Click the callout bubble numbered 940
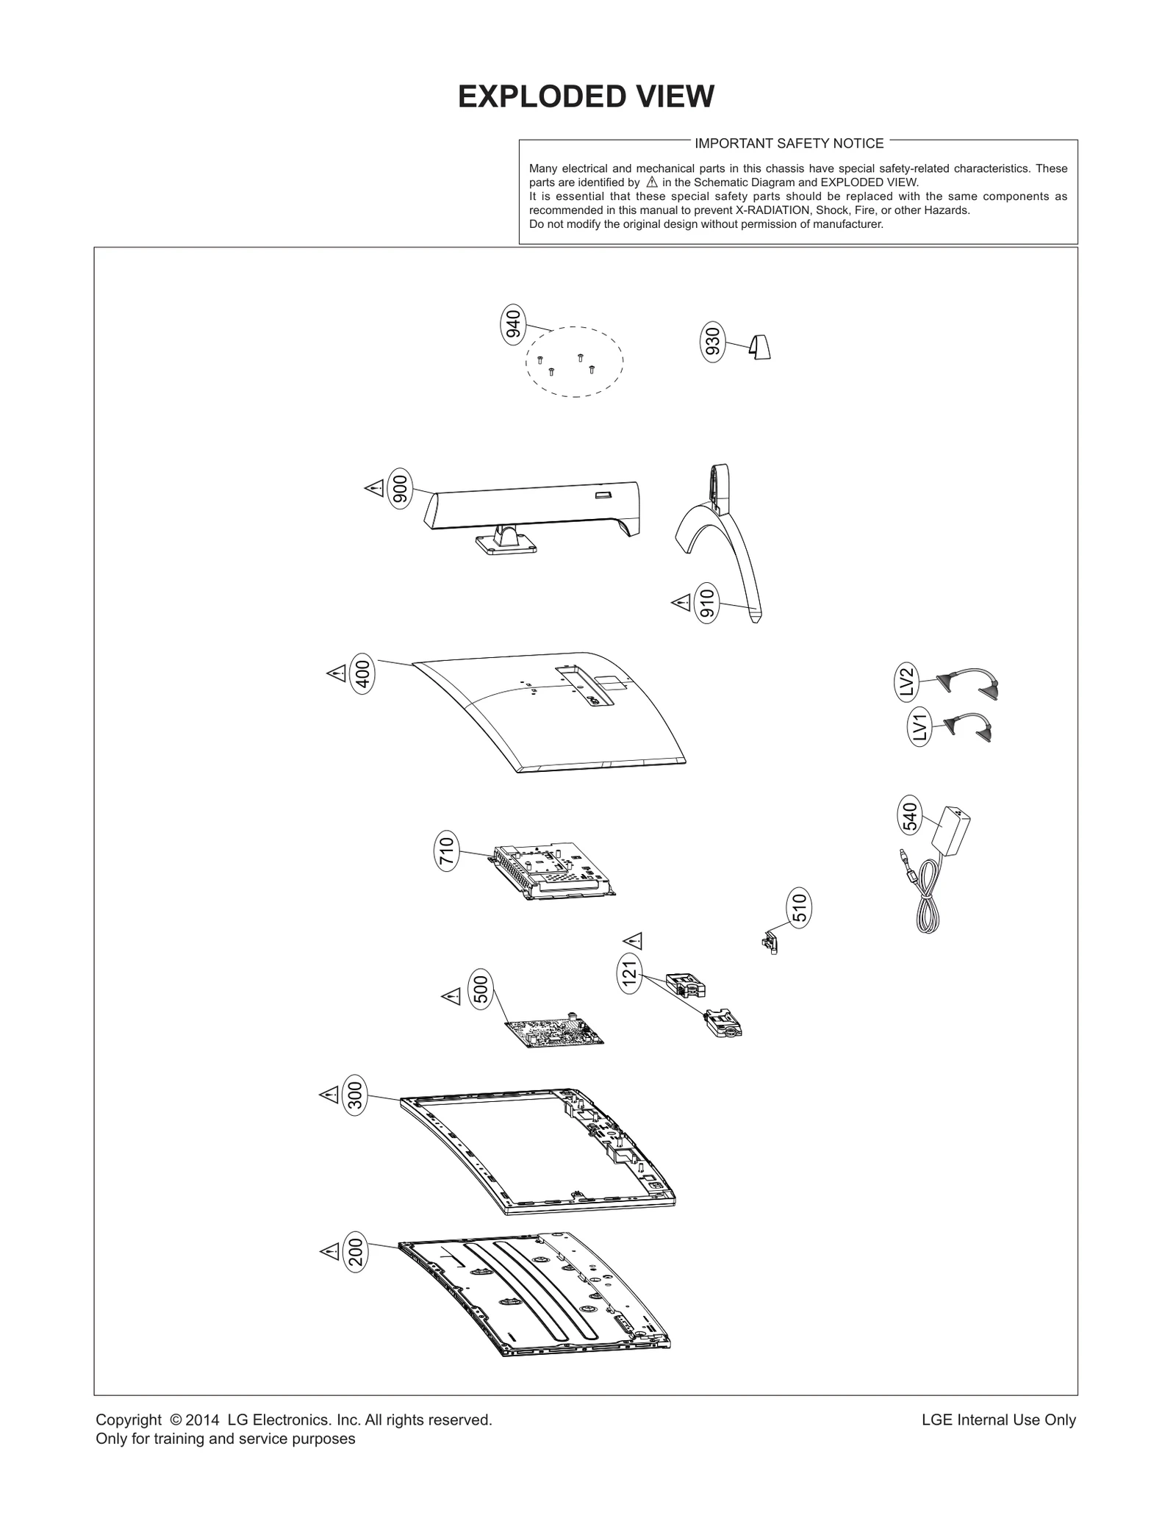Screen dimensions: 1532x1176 click(x=514, y=324)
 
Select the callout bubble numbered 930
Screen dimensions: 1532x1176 click(x=713, y=341)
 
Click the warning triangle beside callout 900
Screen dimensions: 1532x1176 click(x=374, y=487)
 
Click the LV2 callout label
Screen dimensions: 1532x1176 click(x=907, y=681)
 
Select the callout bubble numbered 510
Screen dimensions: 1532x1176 click(x=799, y=908)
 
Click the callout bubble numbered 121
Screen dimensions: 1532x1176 click(x=629, y=974)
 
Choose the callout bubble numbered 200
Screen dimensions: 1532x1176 click(x=356, y=1251)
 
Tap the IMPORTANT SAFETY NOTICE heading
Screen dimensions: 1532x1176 click(x=789, y=143)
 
